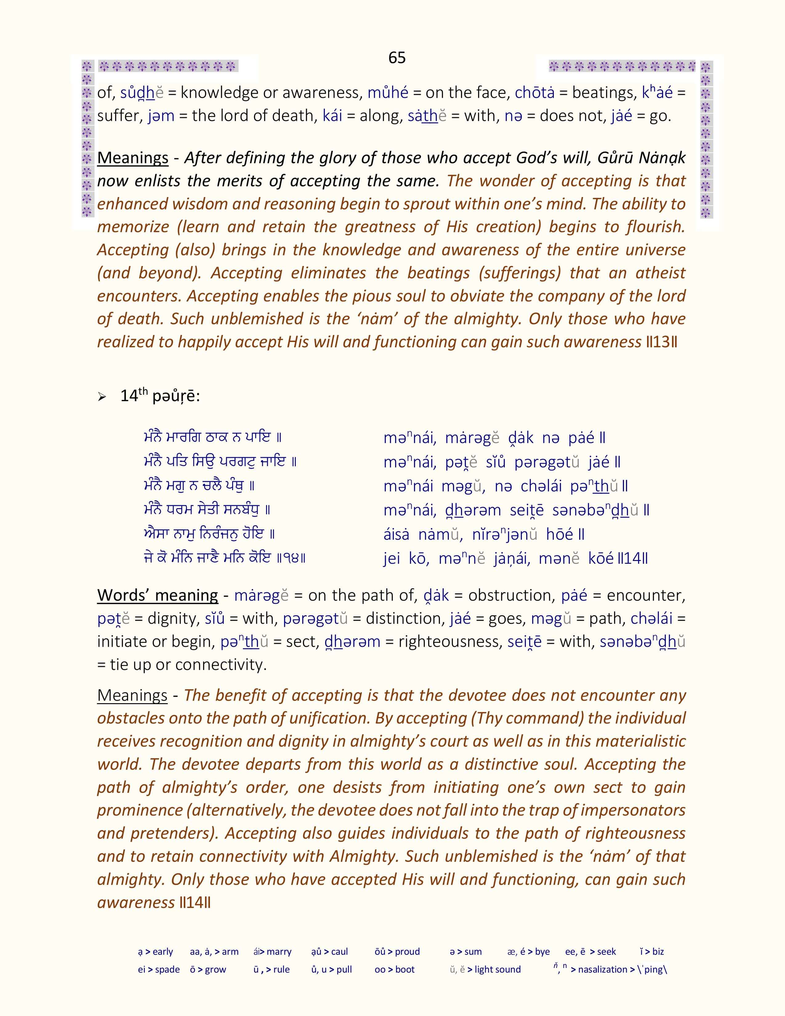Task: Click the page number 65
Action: tap(397, 58)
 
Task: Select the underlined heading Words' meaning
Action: tap(157, 595)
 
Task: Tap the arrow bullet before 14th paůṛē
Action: tap(102, 397)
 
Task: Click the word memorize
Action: tap(133, 227)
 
